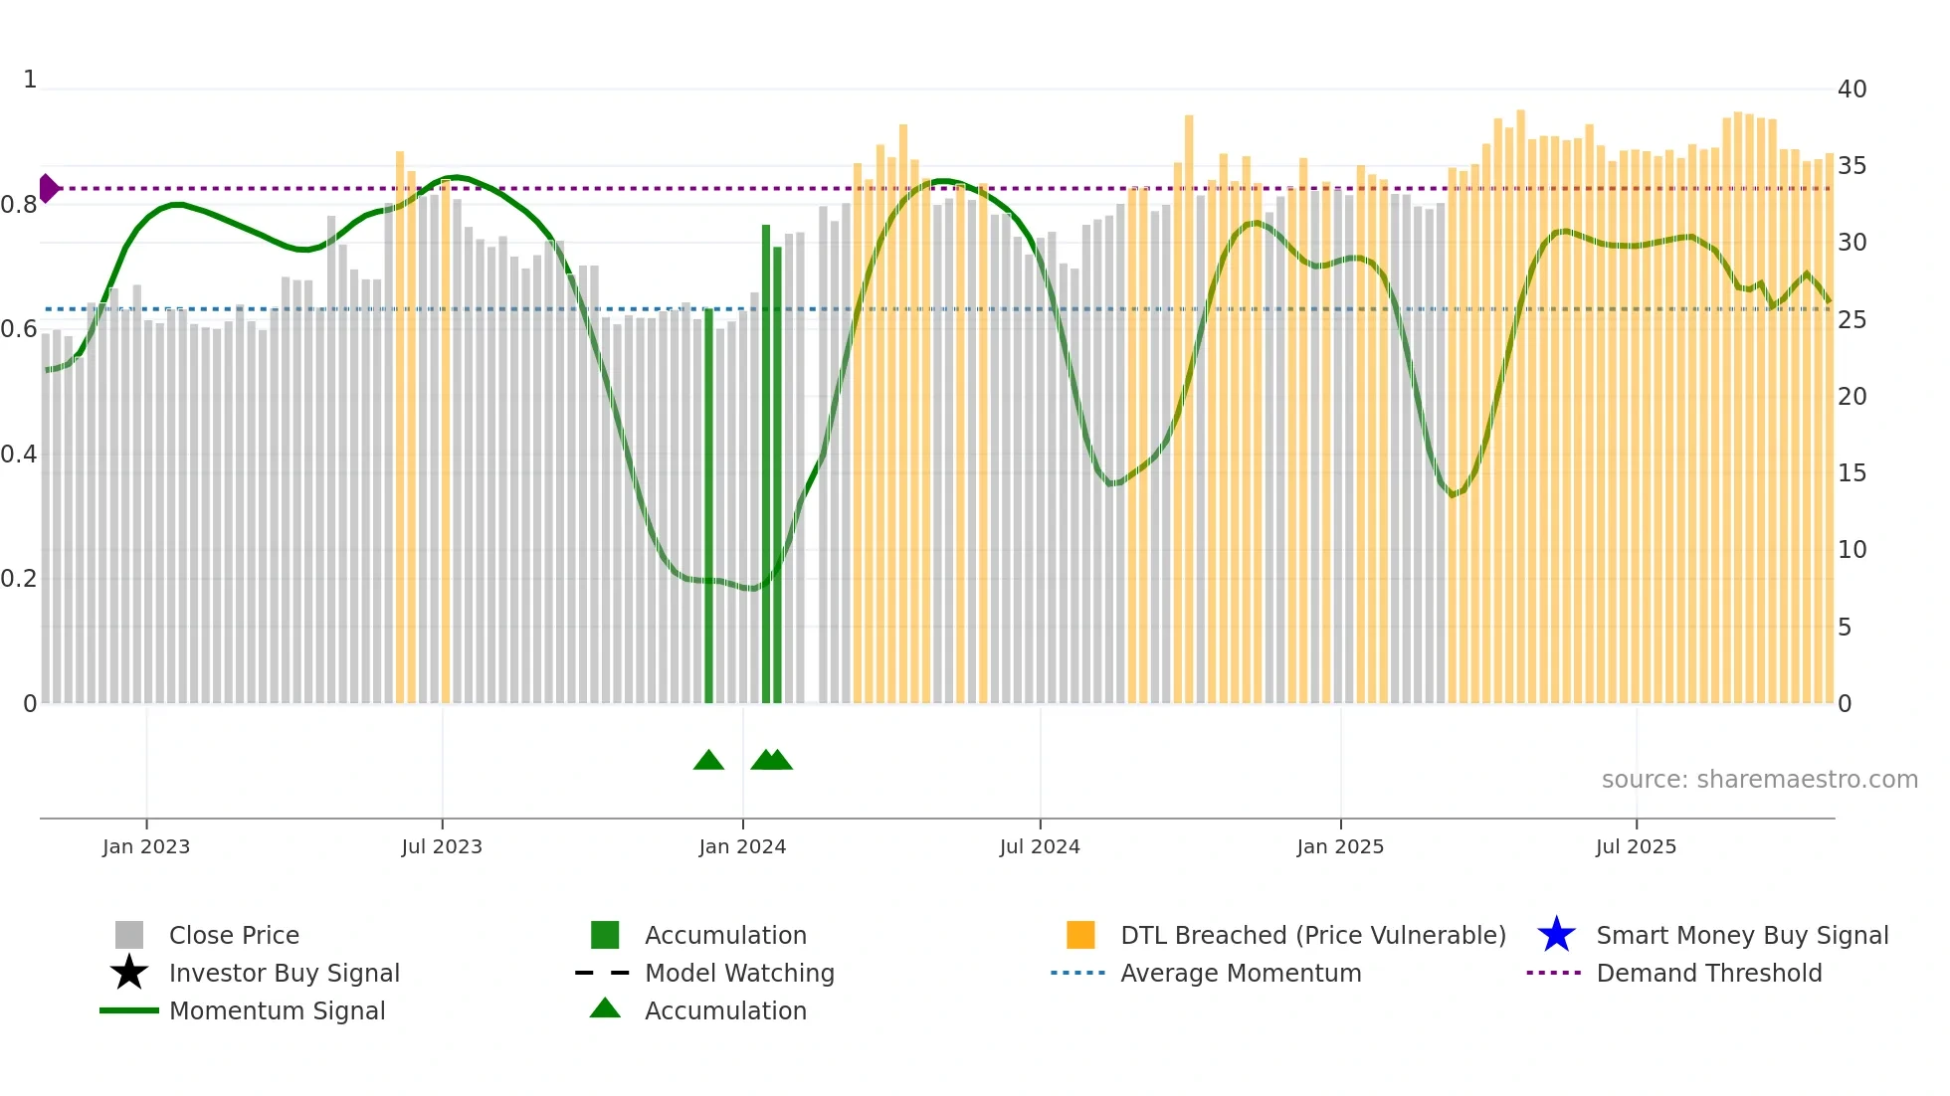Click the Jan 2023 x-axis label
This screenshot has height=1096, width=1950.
145,846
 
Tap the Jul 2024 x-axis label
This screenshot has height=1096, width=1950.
1040,846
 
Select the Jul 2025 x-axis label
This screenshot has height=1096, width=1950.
1636,846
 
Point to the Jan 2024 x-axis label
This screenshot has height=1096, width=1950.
742,846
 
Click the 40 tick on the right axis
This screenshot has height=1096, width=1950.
1852,90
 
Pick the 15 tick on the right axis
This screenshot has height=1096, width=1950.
1852,473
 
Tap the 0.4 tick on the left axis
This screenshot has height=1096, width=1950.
19,455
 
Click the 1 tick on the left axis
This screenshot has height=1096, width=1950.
30,80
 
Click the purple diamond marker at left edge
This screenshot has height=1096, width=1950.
48,188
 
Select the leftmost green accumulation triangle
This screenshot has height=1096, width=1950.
708,761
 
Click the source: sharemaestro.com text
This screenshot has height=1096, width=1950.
1759,780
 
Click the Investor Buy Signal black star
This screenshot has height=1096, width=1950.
129,973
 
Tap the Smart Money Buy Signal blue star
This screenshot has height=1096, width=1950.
1556,935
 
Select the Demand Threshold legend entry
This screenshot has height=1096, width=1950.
1708,973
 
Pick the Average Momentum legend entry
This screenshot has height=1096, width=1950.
1241,973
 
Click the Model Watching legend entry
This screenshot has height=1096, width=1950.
739,973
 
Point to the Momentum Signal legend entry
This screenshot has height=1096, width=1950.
277,1010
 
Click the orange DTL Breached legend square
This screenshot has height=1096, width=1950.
1080,935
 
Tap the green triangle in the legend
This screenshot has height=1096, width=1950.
605,1008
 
